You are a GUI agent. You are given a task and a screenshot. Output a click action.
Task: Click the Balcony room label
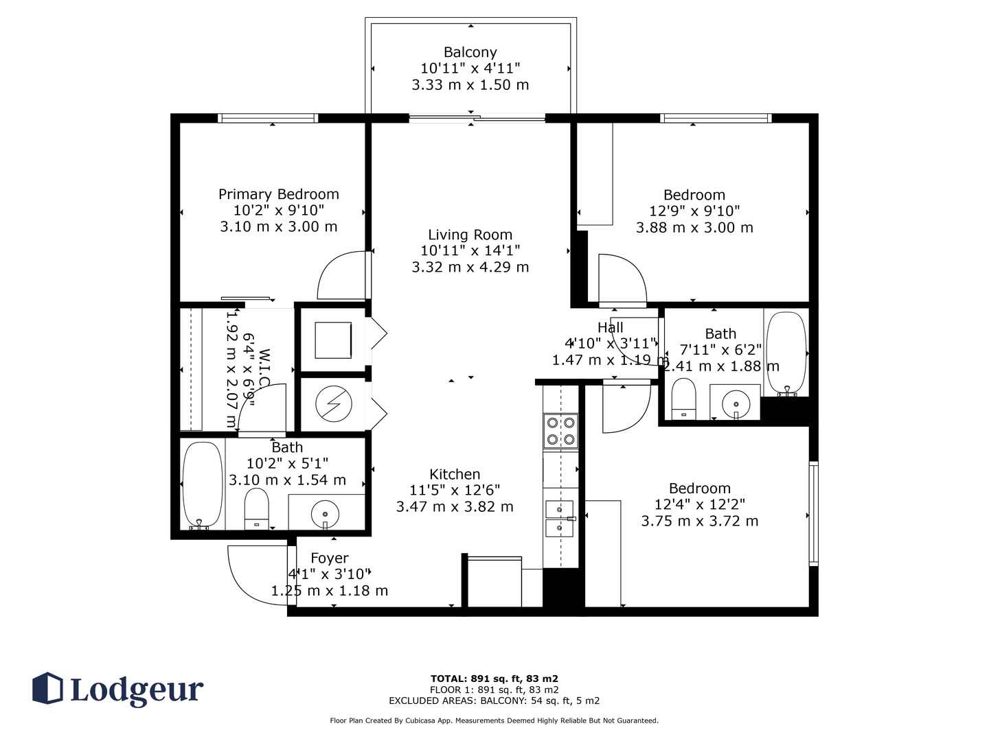pos(470,52)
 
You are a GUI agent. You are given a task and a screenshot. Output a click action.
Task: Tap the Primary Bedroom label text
pos(278,194)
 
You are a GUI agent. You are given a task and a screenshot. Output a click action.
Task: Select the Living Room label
pos(470,235)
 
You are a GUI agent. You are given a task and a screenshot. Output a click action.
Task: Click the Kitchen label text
pos(455,474)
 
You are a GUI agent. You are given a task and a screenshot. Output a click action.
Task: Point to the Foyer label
pos(330,558)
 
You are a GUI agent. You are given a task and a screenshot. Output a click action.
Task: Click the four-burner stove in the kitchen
pos(560,431)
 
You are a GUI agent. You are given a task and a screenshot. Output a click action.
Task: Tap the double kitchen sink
pos(560,519)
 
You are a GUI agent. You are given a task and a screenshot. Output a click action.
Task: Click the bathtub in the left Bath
pos(203,484)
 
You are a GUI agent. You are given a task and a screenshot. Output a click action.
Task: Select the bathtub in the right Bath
pos(786,353)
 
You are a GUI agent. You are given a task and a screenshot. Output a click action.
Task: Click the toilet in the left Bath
pos(256,509)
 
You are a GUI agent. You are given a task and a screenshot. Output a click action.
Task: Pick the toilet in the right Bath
pos(683,399)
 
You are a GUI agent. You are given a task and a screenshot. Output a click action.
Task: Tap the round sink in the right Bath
pos(736,404)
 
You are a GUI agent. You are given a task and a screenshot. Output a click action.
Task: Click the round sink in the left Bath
pos(325,514)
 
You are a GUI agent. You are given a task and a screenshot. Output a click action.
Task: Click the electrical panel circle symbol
pos(333,403)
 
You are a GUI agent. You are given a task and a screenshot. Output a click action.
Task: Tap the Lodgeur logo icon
pos(47,688)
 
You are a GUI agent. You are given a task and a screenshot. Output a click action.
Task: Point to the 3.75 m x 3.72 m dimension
pos(700,521)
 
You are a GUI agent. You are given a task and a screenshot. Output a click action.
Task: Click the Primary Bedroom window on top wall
pos(268,118)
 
